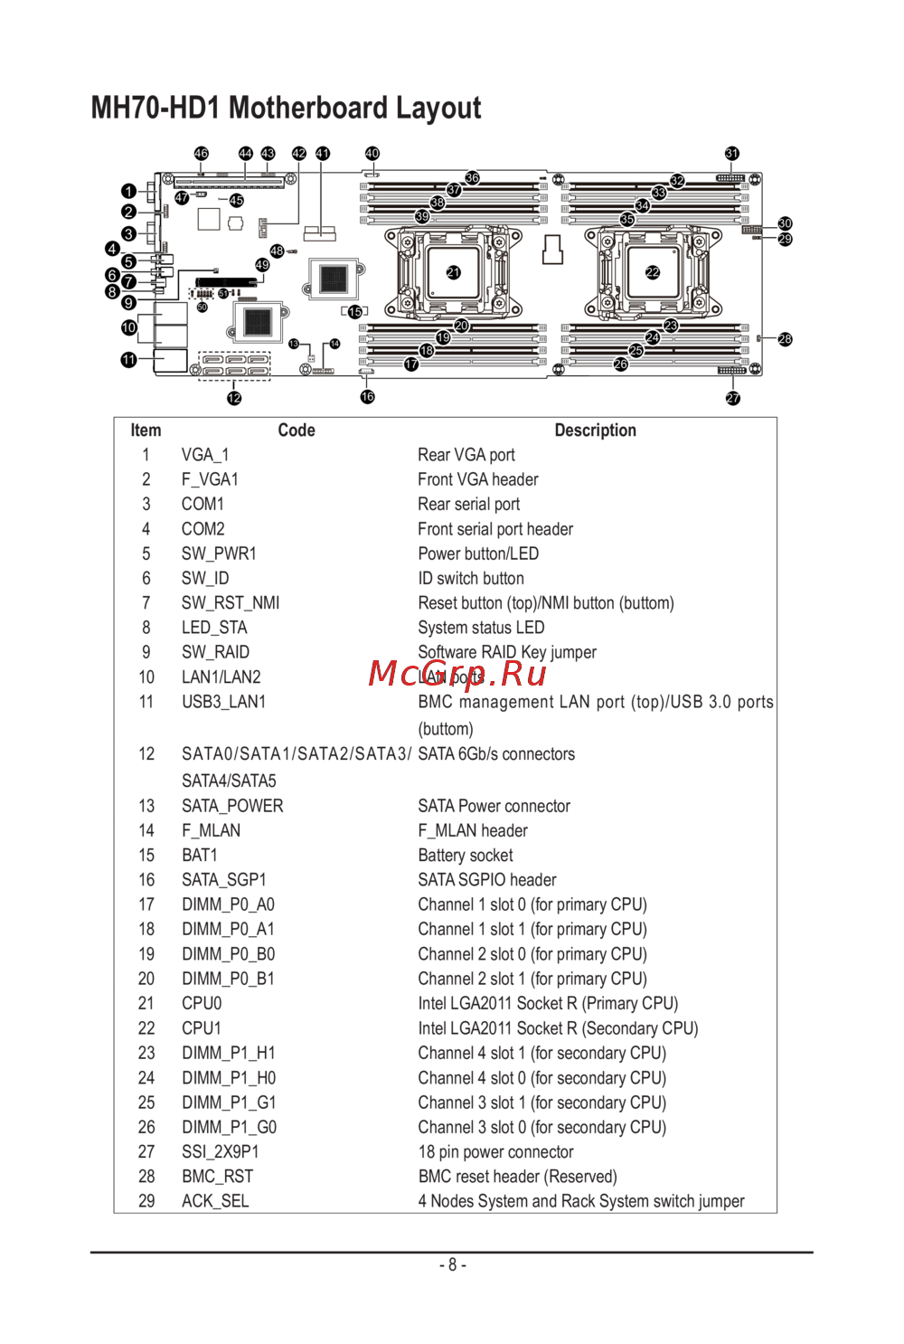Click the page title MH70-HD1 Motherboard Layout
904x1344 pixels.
pyautogui.click(x=286, y=108)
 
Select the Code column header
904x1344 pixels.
pyautogui.click(x=296, y=431)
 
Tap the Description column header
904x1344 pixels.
pyautogui.click(x=595, y=431)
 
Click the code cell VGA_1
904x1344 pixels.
pyautogui.click(x=205, y=455)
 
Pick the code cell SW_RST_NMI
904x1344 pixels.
pyautogui.click(x=231, y=603)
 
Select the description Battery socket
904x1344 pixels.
pyautogui.click(x=465, y=856)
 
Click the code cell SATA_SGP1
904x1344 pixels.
pyautogui.click(x=223, y=880)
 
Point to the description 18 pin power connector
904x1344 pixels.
pyautogui.click(x=495, y=1152)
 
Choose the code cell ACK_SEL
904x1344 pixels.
pyautogui.click(x=215, y=1201)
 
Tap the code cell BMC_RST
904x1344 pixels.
pyautogui.click(x=217, y=1177)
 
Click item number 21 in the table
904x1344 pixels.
pyautogui.click(x=146, y=1004)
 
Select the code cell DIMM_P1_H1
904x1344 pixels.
pyautogui.click(x=229, y=1054)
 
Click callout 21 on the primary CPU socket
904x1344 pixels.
pyautogui.click(x=453, y=272)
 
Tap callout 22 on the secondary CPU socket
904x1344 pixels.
pyautogui.click(x=653, y=272)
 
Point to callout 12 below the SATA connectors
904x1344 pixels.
pyautogui.click(x=234, y=398)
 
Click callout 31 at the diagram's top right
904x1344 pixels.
pyautogui.click(x=732, y=154)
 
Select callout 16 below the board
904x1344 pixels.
pyautogui.click(x=367, y=397)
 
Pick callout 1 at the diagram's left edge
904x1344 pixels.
pyautogui.click(x=128, y=191)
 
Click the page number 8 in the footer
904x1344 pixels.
pyautogui.click(x=452, y=1265)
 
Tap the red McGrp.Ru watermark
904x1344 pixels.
pyautogui.click(x=457, y=674)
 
